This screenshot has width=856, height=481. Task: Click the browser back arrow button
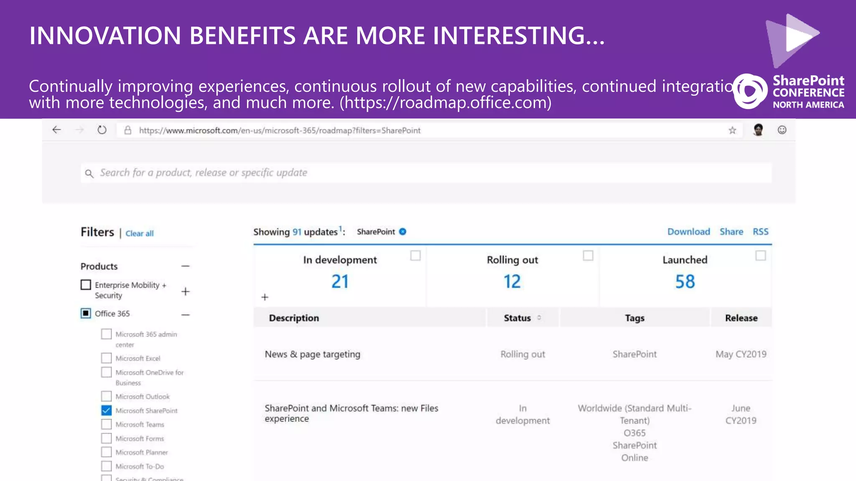pos(56,130)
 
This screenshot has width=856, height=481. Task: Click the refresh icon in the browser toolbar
pos(102,130)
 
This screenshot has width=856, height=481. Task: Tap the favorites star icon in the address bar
pos(732,130)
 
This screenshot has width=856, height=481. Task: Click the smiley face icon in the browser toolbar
pos(782,130)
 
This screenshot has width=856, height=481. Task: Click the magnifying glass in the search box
pos(89,173)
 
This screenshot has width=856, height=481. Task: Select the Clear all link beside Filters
pos(140,233)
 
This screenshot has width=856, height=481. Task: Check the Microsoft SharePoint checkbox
pos(107,410)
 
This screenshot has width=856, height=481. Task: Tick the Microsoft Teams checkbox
pos(107,424)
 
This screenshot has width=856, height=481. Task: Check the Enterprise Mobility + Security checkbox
pos(86,285)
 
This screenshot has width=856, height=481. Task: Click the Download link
pos(688,232)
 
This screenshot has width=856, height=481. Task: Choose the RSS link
pos(760,232)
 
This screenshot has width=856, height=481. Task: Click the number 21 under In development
pos(340,282)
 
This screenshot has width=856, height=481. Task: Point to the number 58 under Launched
pos(685,282)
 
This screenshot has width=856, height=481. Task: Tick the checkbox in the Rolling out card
pos(588,256)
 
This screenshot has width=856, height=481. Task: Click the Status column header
pos(517,318)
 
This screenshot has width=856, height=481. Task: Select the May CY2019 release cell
pos(741,354)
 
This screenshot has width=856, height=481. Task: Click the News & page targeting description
pos(312,354)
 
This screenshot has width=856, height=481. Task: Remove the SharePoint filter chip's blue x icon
pos(403,232)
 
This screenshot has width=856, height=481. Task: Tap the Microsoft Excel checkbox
pos(107,358)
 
